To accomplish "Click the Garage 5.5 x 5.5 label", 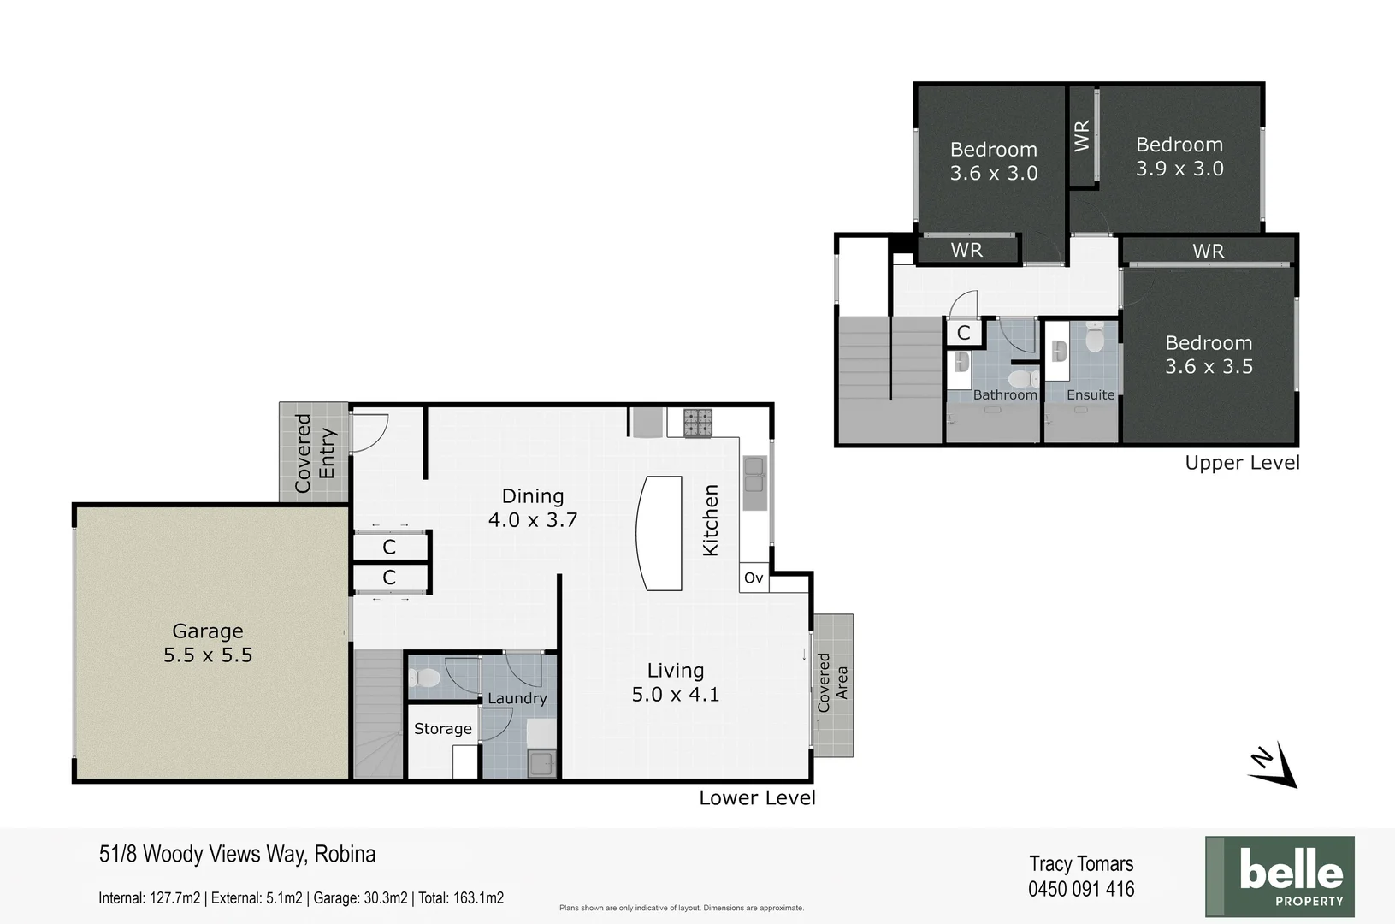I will click(208, 643).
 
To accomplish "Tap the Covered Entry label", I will click(315, 453).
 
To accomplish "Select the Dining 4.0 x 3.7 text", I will click(533, 508).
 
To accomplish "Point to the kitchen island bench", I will click(659, 533).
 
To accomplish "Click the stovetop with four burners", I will click(697, 422).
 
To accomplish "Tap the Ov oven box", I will click(754, 578).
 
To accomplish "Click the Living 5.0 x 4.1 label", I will click(676, 683).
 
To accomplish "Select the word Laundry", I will click(517, 698).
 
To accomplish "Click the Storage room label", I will click(443, 729).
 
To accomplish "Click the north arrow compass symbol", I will click(1273, 764).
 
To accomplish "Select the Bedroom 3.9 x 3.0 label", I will click(1179, 157).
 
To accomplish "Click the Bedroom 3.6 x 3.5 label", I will click(1209, 355).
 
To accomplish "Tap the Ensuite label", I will click(1091, 395).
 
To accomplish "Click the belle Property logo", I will click(1280, 876).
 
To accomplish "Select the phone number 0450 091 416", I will click(1081, 890).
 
